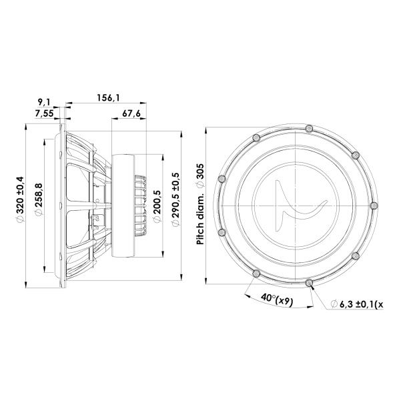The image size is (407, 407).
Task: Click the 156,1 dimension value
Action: click(109, 97)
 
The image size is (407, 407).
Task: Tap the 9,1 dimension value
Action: click(44, 101)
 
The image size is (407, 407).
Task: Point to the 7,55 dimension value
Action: click(43, 113)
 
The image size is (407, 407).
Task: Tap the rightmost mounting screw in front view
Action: click(373, 205)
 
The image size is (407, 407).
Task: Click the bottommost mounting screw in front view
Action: click(309, 282)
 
